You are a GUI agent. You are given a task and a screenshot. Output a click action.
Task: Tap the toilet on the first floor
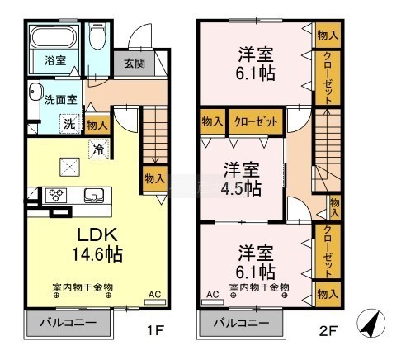point(97,37)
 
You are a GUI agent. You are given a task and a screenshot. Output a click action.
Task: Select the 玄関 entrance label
point(135,64)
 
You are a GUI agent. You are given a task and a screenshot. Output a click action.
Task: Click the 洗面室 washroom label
point(60,100)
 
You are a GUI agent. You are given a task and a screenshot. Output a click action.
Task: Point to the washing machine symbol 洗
point(70,124)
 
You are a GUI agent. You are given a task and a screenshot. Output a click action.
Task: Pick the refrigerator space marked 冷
point(99,149)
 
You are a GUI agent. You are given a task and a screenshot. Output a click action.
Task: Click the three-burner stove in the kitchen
point(56,195)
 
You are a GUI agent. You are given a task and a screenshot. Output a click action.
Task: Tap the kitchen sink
point(94,196)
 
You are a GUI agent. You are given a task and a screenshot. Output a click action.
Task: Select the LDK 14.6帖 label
point(97,244)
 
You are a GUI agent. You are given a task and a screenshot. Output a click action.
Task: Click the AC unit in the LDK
point(155,302)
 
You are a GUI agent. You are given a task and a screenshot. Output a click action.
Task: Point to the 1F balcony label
point(68,323)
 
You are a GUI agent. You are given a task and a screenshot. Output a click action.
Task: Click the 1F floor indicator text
point(156,330)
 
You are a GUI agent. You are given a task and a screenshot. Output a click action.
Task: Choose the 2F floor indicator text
point(328,330)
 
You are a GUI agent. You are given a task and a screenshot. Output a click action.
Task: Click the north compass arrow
point(371,324)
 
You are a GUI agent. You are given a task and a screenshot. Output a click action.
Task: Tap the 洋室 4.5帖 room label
point(241,179)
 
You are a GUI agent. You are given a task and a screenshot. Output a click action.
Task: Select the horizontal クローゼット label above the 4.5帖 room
point(256,121)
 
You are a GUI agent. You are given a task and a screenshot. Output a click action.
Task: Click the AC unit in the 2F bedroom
point(213,302)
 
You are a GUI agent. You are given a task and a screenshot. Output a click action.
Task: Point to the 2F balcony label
point(242,323)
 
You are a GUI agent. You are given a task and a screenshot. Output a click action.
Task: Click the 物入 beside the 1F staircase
point(155,179)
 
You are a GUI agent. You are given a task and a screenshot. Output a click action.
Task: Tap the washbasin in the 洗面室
point(35,92)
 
